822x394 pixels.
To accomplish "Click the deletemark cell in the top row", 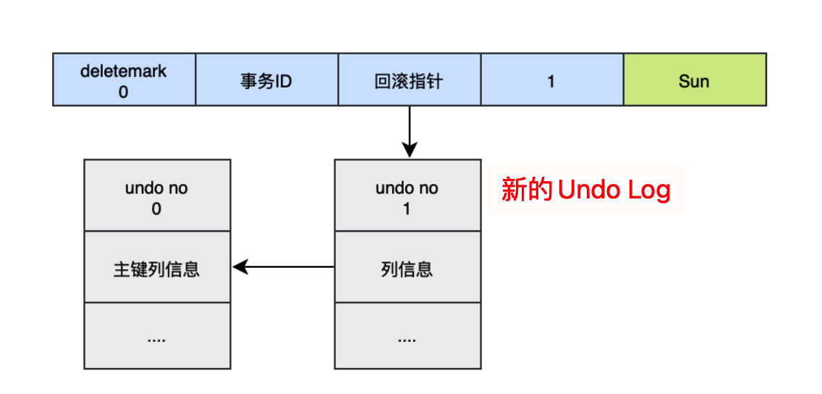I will [x=124, y=80].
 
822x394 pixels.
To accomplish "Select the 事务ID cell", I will [x=266, y=80].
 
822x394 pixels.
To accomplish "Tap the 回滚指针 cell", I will [x=409, y=80].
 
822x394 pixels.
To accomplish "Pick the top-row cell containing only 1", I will [x=551, y=80].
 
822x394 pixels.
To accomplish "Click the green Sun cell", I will [x=694, y=80].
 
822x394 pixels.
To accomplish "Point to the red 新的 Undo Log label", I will [x=585, y=190].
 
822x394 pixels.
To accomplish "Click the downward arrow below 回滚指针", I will [x=410, y=130].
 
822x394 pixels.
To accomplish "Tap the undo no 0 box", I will [x=157, y=196].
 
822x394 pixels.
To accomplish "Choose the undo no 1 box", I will [x=407, y=196].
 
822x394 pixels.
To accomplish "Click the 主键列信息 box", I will [x=157, y=268].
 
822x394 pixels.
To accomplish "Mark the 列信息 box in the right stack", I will [x=407, y=268].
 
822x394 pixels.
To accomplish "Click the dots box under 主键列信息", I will [x=157, y=336].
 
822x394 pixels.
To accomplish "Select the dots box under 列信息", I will [x=407, y=336].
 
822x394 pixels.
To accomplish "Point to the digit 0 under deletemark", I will [x=124, y=92].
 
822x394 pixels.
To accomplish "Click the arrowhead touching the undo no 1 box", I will [x=410, y=151].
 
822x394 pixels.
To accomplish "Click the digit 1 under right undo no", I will [x=407, y=209].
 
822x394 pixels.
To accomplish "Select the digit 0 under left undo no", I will [x=156, y=209].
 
